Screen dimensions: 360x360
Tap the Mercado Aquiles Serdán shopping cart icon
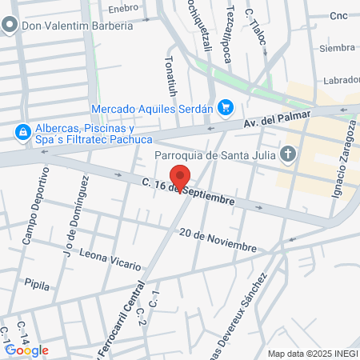pos(226,107)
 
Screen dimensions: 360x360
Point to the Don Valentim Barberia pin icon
pos(10,26)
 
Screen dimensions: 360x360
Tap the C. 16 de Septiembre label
pos(189,192)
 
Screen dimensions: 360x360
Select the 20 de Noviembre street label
pos(218,239)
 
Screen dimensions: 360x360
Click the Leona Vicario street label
pos(110,258)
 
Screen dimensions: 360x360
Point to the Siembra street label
pos(337,48)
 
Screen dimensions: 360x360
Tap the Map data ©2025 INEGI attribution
pos(312,354)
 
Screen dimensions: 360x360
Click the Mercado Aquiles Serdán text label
pos(153,108)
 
